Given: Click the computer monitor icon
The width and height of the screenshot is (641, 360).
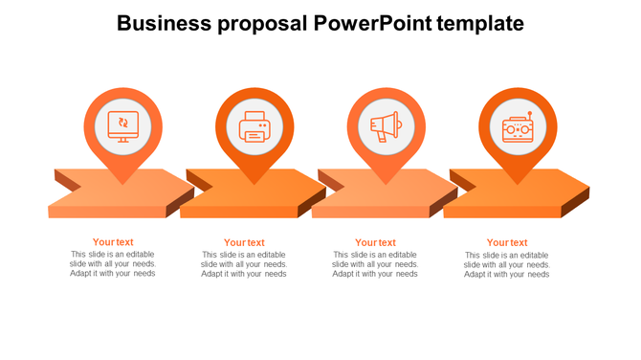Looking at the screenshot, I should tap(122, 125).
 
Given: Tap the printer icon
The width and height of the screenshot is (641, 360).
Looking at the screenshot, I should tap(254, 126).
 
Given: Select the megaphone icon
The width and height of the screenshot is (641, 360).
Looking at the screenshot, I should tap(386, 126).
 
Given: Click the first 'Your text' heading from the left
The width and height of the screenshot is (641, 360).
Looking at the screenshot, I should tap(113, 242).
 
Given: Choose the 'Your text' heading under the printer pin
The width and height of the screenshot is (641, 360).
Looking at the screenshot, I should tap(244, 242).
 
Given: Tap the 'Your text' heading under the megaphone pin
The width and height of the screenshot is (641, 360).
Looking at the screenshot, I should tap(375, 242).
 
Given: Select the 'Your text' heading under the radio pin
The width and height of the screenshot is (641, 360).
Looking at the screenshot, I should tap(507, 242).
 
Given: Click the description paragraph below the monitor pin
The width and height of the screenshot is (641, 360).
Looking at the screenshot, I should tap(113, 264).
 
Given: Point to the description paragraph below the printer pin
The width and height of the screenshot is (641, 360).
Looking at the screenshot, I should tap(244, 264).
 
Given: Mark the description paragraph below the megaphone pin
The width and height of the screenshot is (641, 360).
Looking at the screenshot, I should tap(375, 264).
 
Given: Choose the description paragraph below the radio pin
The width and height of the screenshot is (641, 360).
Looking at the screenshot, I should tap(507, 264).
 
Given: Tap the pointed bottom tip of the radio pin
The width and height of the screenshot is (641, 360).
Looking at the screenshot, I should tap(518, 184).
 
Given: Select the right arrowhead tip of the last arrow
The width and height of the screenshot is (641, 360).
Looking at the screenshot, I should tap(587, 187).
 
